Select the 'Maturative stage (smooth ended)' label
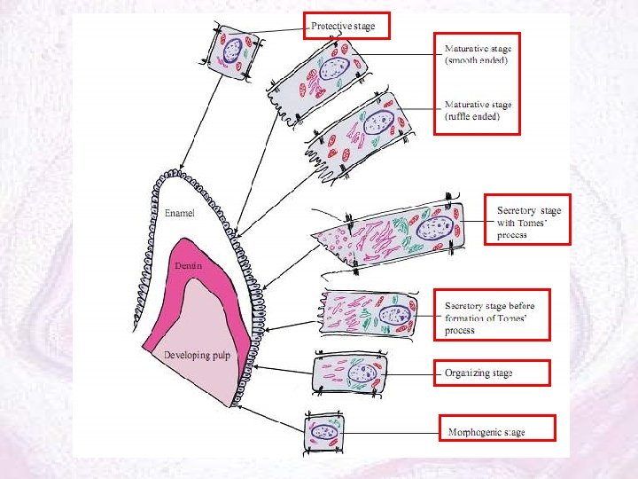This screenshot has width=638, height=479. (x=477, y=55)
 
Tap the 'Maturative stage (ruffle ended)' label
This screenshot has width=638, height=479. (x=477, y=110)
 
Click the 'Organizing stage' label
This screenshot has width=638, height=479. (x=478, y=373)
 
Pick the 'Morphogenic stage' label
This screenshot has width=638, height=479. (x=486, y=432)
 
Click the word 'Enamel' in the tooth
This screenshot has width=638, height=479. (x=182, y=214)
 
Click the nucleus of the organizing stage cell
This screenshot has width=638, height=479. (x=360, y=373)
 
